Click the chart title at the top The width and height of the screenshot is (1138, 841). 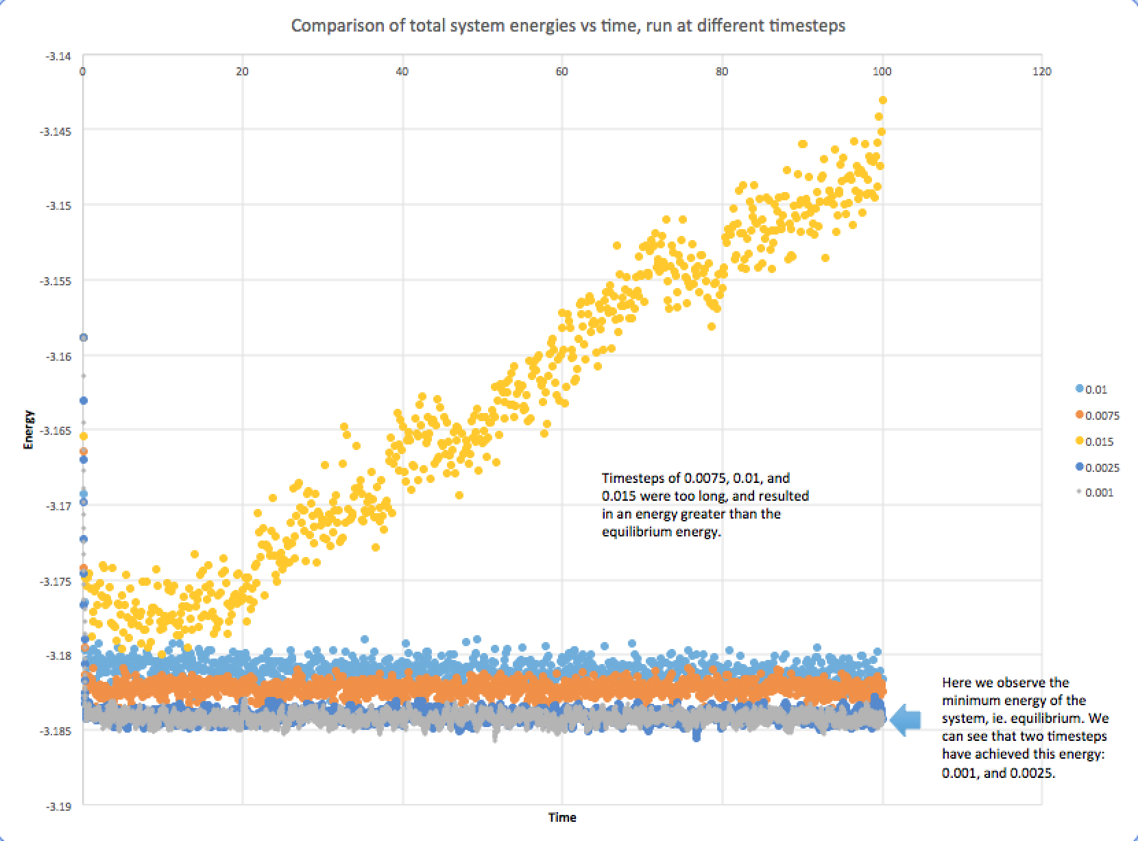click(x=568, y=26)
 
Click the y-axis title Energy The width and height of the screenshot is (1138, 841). click(x=28, y=429)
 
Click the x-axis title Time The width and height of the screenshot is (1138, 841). click(x=562, y=817)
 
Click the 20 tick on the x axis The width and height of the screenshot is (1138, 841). click(x=242, y=71)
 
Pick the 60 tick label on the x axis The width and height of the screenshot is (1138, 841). click(x=562, y=71)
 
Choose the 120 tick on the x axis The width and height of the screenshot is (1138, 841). click(x=1041, y=71)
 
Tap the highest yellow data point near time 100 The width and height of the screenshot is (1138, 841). click(x=883, y=100)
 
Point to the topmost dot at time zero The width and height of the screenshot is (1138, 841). click(x=84, y=337)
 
